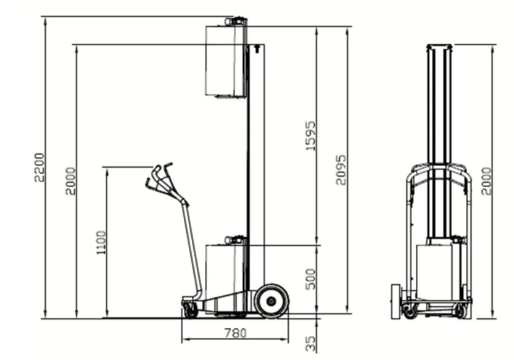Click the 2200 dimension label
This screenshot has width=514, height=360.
pyautogui.click(x=39, y=167)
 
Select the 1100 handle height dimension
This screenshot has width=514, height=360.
pyautogui.click(x=101, y=243)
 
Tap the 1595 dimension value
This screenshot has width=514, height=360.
pyautogui.click(x=311, y=136)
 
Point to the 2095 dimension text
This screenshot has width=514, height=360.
pyautogui.click(x=341, y=170)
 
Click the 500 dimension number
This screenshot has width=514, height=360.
pyautogui.click(x=310, y=280)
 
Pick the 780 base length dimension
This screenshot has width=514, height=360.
pyautogui.click(x=236, y=333)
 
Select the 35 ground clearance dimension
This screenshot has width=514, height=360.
pyautogui.click(x=310, y=343)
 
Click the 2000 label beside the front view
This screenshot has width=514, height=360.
pyautogui.click(x=486, y=181)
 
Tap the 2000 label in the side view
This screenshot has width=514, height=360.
pyautogui.click(x=70, y=181)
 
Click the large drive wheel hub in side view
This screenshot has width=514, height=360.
pyautogui.click(x=271, y=301)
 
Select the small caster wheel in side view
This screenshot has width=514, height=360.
pyautogui.click(x=191, y=310)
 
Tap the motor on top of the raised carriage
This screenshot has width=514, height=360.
pyautogui.click(x=236, y=21)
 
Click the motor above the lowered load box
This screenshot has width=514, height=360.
pyautogui.click(x=235, y=240)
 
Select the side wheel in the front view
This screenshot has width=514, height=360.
pyautogui.click(x=397, y=301)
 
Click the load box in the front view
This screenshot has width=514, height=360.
pyautogui.click(x=434, y=272)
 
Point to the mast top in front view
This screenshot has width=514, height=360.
pyautogui.click(x=439, y=47)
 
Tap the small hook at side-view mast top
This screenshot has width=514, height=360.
pyautogui.click(x=257, y=49)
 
